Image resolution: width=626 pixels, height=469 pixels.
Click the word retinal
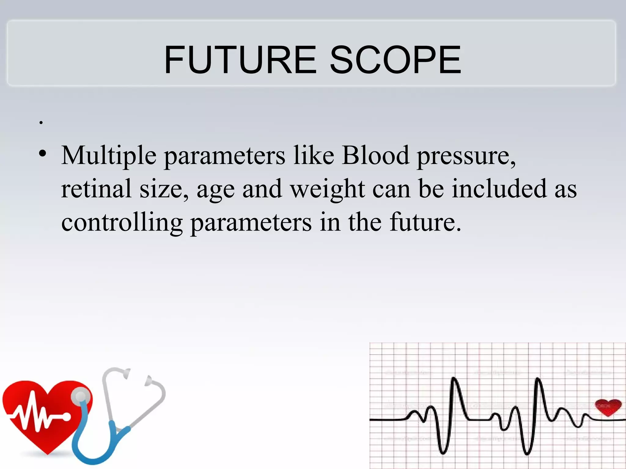[96, 188]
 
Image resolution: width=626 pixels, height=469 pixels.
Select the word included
[499, 188]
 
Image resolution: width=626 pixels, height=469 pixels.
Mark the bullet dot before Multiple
[43, 153]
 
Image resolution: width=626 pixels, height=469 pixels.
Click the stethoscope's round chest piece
[81, 397]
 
